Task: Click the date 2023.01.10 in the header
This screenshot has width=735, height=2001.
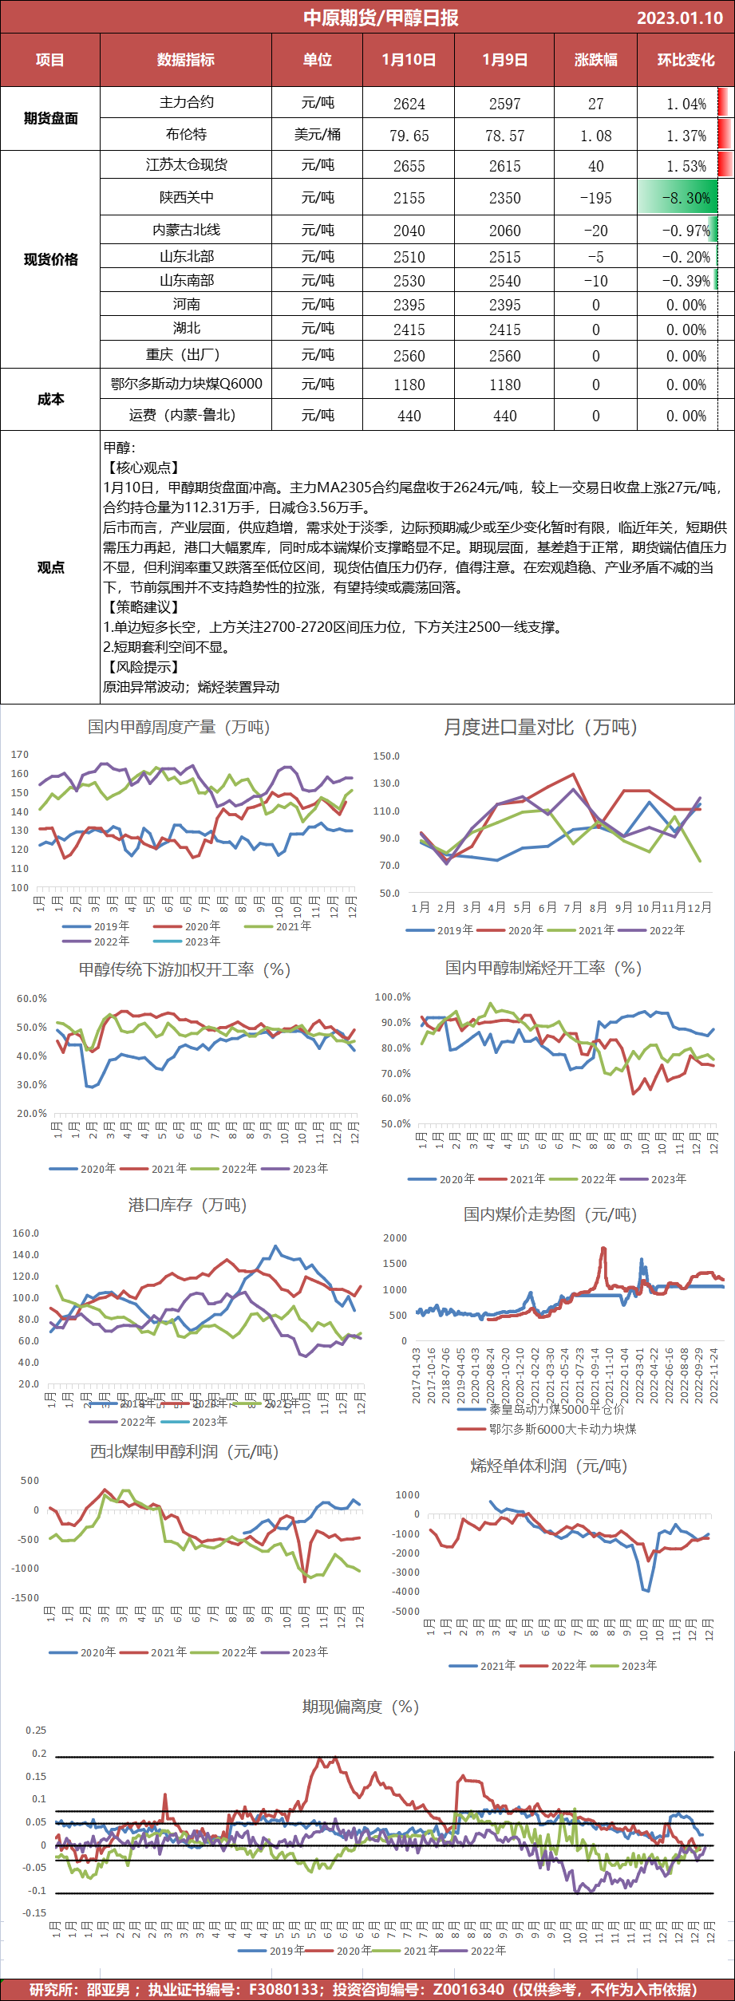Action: (679, 18)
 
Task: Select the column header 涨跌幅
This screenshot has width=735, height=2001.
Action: (596, 60)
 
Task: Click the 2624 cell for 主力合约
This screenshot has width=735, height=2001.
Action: (409, 104)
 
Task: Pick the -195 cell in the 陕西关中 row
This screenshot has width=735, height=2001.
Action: (596, 198)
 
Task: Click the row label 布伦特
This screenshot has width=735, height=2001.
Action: (186, 134)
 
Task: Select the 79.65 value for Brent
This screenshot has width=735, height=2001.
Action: (409, 136)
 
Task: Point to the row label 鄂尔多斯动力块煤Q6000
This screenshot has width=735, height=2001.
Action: (186, 384)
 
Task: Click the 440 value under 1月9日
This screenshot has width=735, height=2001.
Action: (504, 416)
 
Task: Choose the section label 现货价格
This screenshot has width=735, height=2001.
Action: (50, 259)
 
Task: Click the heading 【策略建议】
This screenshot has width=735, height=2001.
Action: (142, 607)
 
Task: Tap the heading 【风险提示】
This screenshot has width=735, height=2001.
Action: (142, 667)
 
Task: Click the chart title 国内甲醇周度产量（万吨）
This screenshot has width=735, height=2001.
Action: (179, 727)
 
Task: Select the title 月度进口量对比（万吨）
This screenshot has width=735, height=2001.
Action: (540, 727)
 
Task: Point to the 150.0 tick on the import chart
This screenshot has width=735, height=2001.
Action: (386, 756)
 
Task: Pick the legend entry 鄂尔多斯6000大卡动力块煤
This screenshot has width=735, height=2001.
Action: (563, 1429)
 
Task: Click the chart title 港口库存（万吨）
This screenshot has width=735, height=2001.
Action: (188, 1205)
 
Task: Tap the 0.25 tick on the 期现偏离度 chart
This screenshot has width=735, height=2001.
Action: (36, 1731)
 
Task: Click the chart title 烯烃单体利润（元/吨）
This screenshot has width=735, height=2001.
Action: (549, 1466)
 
